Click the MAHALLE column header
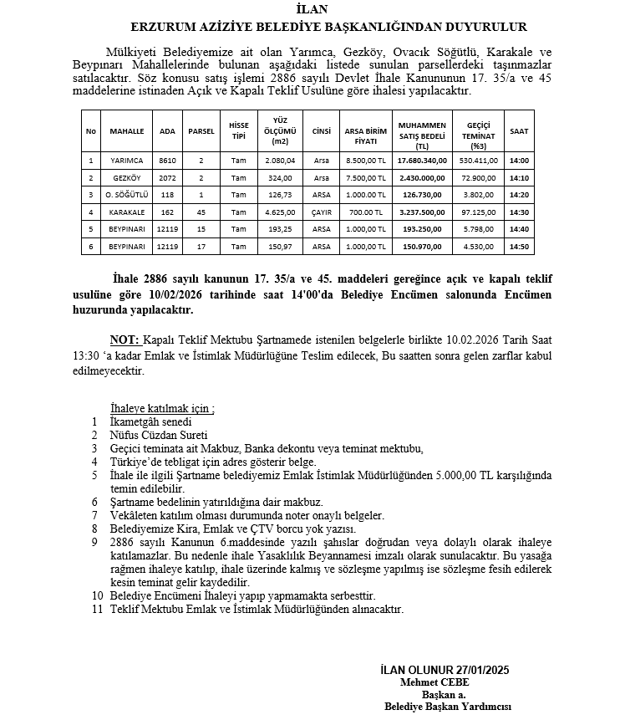coord(127,132)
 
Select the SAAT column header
coord(519,132)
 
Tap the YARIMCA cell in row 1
coord(127,161)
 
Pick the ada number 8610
coord(168,161)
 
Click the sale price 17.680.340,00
coord(421,161)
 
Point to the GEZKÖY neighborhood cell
coord(127,178)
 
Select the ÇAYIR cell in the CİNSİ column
coord(322,212)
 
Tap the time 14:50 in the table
coord(519,247)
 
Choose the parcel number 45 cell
coord(201,212)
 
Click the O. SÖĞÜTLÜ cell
coord(127,195)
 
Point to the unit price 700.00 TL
coord(366,212)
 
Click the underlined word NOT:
coord(124,340)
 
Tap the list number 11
coord(97,610)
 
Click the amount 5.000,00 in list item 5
coord(457,475)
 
